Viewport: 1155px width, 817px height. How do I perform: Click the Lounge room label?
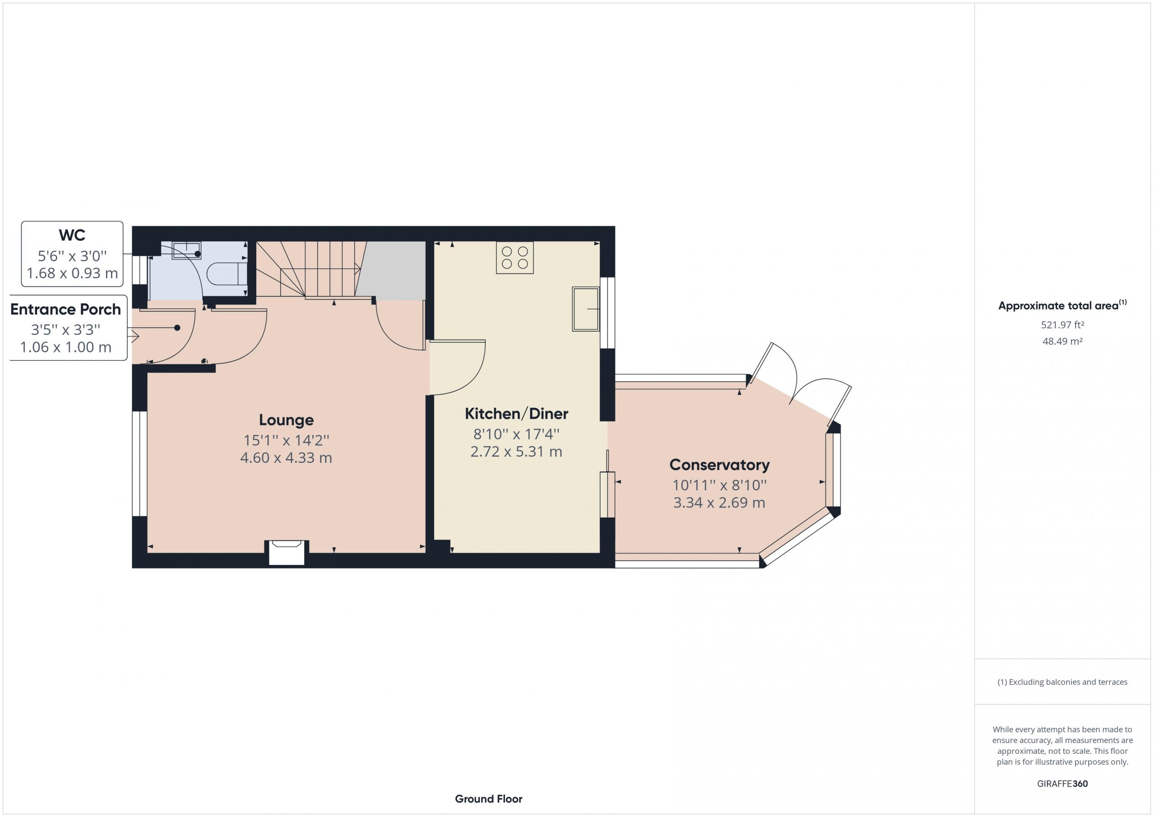click(x=286, y=420)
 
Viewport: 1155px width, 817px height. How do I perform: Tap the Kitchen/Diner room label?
click(x=517, y=414)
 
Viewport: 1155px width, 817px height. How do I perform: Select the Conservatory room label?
click(x=719, y=465)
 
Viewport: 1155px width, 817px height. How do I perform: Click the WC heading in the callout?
click(x=72, y=235)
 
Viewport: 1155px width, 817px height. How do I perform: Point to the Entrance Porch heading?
click(x=65, y=309)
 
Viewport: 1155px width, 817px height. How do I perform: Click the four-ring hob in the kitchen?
click(x=515, y=258)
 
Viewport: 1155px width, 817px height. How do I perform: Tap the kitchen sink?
click(x=586, y=309)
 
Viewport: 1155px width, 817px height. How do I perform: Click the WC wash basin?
click(x=187, y=250)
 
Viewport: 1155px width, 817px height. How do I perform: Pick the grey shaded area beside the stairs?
click(x=391, y=270)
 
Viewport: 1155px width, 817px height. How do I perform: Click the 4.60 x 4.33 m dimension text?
click(x=286, y=458)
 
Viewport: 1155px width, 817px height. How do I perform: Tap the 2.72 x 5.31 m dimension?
click(x=517, y=452)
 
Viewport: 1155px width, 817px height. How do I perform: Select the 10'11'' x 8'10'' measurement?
click(x=719, y=485)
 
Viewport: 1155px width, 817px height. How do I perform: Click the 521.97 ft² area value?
click(x=1063, y=325)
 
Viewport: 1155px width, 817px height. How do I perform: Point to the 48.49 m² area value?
click(x=1063, y=341)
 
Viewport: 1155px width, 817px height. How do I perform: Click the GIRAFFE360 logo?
click(x=1063, y=783)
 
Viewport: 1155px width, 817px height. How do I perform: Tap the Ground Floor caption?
click(x=489, y=799)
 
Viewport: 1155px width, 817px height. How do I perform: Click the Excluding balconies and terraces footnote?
click(x=1063, y=682)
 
